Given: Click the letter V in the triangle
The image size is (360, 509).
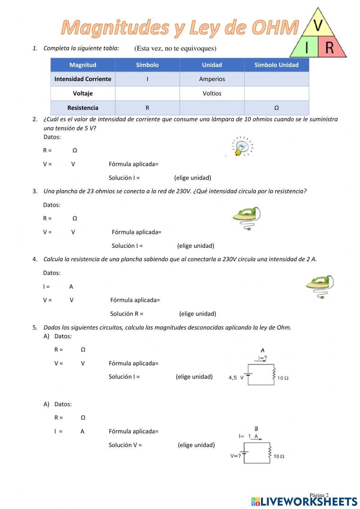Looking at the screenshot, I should tap(318, 25).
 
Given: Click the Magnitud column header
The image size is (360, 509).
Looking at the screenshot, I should tap(83, 65).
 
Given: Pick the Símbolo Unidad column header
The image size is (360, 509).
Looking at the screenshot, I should tap(276, 65).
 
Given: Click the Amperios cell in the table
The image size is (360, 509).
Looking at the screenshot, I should tap(212, 79).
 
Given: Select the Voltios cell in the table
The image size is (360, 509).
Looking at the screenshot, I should tap(212, 93).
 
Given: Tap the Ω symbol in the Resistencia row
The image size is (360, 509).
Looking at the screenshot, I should tap(276, 108).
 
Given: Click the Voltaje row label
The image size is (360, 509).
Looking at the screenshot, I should tap(83, 93).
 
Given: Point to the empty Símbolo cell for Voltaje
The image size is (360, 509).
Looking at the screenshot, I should tap(147, 93).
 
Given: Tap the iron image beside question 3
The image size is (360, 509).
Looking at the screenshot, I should tap(247, 218).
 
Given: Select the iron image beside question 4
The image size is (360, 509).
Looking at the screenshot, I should tap(320, 286).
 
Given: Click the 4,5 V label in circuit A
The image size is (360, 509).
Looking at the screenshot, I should tap(236, 378).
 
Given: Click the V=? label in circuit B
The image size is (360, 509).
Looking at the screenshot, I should tap(235, 456).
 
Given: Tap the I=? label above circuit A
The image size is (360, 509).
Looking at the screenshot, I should tap(262, 358).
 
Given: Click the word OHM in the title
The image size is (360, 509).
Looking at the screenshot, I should tap(275, 28).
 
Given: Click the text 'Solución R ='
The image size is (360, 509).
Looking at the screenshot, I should tap(127, 314).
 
